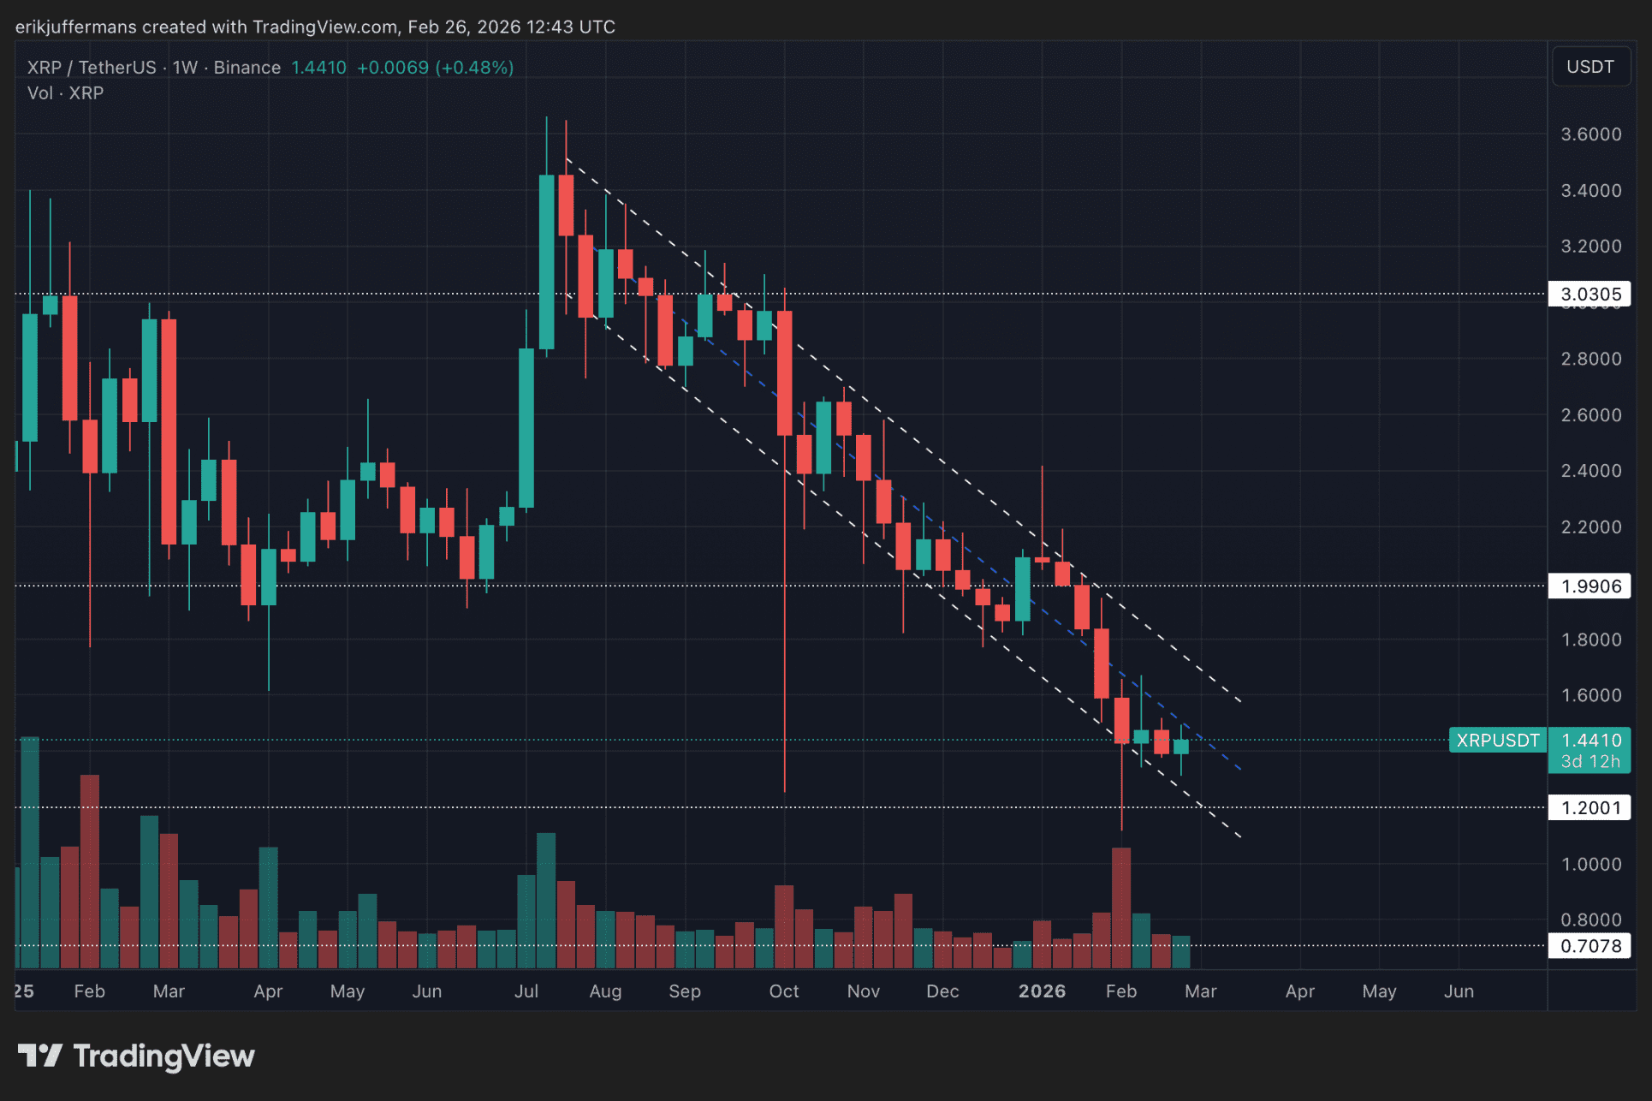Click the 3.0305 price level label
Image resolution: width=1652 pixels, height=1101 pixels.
(x=1590, y=295)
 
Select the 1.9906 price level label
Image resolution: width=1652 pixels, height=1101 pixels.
(x=1590, y=586)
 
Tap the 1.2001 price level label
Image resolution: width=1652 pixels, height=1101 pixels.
(x=1590, y=807)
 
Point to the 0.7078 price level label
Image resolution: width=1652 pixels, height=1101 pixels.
(x=1590, y=946)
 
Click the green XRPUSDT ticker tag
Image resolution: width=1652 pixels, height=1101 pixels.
(x=1498, y=741)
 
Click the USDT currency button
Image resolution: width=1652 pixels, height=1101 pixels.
(x=1590, y=67)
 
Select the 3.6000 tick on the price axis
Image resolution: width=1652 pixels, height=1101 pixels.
(x=1590, y=134)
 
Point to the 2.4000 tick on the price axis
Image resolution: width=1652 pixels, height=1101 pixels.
(x=1590, y=471)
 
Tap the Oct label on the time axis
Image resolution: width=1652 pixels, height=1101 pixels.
(x=784, y=991)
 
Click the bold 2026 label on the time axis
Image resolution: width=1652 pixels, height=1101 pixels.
(x=1042, y=991)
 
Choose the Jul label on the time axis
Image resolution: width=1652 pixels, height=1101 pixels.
(x=526, y=991)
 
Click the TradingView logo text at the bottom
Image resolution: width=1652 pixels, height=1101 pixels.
(x=163, y=1056)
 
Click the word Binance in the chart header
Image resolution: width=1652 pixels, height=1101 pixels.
(x=247, y=68)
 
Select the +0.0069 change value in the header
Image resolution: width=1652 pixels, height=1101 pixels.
(x=392, y=68)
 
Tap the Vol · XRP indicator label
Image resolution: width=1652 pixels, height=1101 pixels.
(x=65, y=93)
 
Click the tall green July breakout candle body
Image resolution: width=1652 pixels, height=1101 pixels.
(x=546, y=261)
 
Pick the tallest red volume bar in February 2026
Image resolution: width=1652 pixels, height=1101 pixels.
(x=1121, y=908)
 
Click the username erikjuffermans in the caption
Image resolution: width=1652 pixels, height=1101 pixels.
(x=75, y=27)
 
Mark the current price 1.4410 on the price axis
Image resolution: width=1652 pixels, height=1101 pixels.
(x=1590, y=740)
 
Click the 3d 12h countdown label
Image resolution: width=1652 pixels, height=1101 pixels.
(x=1590, y=761)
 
